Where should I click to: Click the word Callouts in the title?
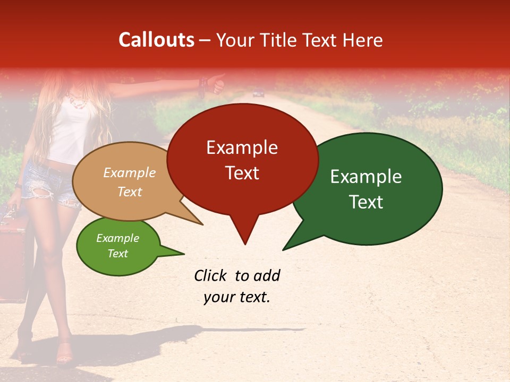(x=156, y=40)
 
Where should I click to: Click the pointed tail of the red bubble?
(x=244, y=236)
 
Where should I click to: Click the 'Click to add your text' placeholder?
(x=237, y=286)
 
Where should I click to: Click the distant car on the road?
(x=258, y=94)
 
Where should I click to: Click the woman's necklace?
(x=78, y=101)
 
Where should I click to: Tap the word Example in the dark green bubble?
(x=366, y=177)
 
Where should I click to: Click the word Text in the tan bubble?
(x=130, y=192)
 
